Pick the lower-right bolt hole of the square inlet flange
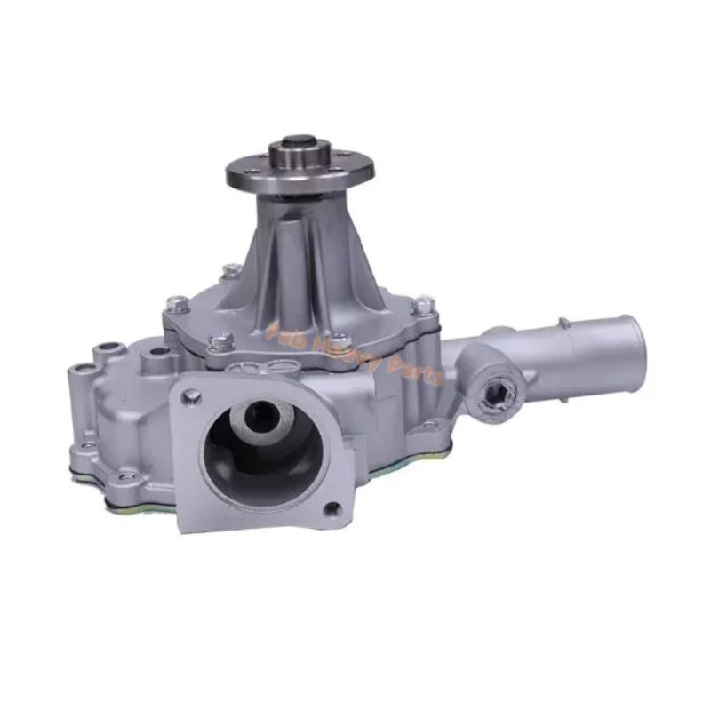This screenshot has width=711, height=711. point(332,509)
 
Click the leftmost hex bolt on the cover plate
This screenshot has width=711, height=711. point(175,305)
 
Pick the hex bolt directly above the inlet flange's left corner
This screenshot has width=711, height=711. point(220,340)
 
